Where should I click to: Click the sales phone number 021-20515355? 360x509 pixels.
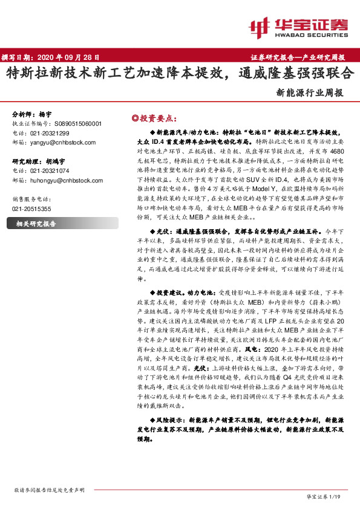coord(31,208)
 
